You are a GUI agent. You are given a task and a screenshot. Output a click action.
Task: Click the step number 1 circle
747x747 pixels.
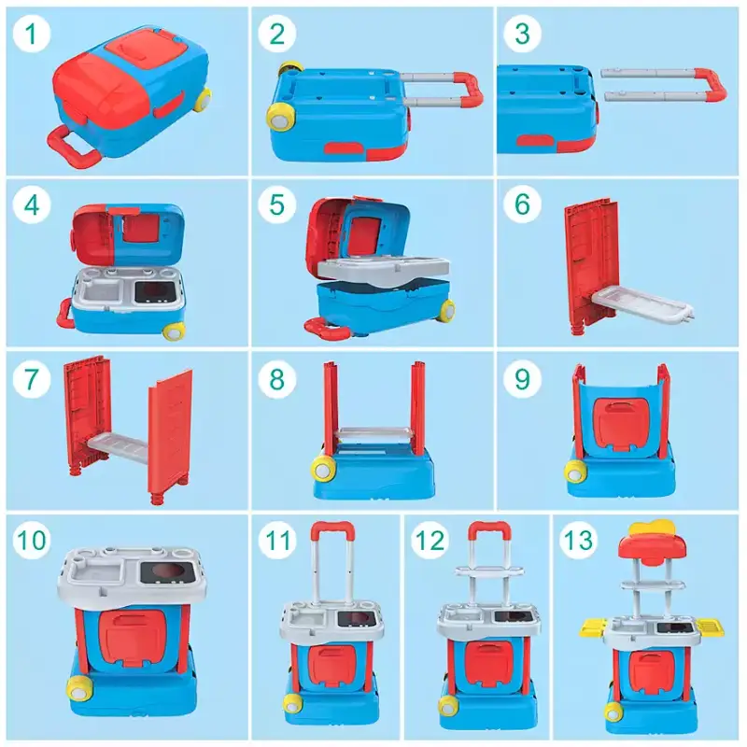pos(32,34)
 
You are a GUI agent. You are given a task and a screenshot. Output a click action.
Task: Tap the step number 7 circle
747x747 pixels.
pos(32,379)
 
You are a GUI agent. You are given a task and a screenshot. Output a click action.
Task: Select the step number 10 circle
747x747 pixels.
pos(32,541)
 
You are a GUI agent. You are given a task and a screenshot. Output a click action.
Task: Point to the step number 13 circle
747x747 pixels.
pos(578,541)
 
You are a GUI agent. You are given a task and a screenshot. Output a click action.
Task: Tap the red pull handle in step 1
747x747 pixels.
pos(72,146)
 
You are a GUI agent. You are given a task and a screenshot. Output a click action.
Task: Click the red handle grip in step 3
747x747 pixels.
pos(711,85)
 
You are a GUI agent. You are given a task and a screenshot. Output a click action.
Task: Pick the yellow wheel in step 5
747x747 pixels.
pos(447,310)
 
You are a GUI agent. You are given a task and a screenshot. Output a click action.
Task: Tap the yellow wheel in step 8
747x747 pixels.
pos(322,468)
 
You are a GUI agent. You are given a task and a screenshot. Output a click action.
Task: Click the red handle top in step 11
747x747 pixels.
pos(332,529)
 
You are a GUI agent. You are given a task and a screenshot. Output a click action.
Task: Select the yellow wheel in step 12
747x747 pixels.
pos(447,706)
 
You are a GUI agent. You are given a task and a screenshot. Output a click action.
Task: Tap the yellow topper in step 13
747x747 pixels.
pos(652,529)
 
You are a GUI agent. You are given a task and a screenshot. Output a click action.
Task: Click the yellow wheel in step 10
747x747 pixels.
pos(79,688)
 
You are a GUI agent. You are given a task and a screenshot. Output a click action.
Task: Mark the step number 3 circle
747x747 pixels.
pos(522,34)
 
